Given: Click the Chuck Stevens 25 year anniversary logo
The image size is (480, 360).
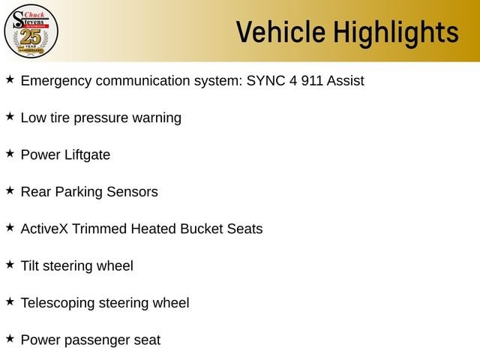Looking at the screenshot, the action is pos(31,31).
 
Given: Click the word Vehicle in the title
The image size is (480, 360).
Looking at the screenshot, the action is pos(280,31).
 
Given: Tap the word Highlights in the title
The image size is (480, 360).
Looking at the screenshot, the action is pos(396,34).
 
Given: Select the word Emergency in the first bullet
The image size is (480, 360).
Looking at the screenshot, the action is pos(56,82).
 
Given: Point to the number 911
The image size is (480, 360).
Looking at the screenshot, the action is pos(312,80).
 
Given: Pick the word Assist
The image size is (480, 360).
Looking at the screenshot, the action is pos(345,80).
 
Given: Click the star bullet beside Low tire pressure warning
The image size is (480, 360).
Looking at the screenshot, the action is pos(10,116).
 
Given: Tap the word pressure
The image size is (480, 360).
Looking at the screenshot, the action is pos(100,118).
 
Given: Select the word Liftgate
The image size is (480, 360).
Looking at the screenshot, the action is pos(88,155).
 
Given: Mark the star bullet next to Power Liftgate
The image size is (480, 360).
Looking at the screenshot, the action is pos(10,153).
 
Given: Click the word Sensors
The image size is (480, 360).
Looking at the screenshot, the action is pos(132,192).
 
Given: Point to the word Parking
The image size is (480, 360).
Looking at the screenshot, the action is pos(79,192).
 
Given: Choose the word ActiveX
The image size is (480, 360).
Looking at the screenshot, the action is pos(44,229).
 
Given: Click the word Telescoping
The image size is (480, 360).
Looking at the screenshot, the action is pos(58,303).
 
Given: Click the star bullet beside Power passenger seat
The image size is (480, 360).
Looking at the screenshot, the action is pos(10,338).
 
